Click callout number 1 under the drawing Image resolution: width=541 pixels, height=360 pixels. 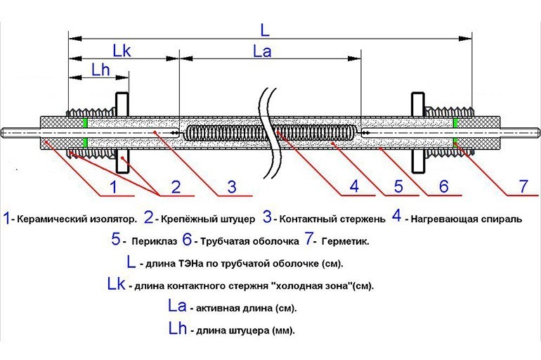coord(112,188)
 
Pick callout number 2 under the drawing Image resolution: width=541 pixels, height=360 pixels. coord(175,188)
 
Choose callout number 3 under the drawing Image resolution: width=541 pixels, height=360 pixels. coord(231,188)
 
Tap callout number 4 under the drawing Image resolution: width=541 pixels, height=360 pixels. coord(354,188)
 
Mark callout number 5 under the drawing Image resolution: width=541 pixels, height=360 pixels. coord(397,188)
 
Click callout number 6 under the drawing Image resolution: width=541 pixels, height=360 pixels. coord(443,188)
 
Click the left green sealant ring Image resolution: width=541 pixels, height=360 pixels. coord(86,132)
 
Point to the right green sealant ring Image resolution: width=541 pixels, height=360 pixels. coord(455,132)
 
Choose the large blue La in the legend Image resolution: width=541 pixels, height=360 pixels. coord(178,307)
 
